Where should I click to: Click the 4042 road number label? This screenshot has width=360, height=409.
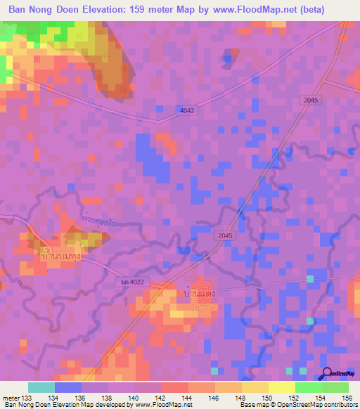tap(187, 110)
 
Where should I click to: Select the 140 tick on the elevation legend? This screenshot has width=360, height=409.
tap(136, 398)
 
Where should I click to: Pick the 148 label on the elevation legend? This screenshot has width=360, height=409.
tap(241, 398)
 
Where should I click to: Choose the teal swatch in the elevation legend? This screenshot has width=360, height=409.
tap(41, 387)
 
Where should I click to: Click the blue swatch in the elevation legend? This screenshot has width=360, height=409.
tap(68, 387)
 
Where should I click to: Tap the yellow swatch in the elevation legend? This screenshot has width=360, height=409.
tap(255, 387)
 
